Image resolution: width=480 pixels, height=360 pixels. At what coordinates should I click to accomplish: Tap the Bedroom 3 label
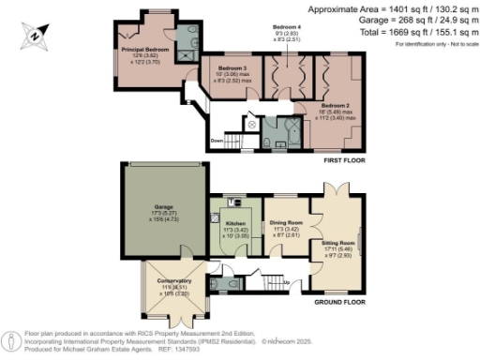point(232,69)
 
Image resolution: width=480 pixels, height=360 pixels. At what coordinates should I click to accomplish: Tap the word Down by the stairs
point(217,141)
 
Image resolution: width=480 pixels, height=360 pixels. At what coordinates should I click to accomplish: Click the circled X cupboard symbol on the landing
point(252,124)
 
